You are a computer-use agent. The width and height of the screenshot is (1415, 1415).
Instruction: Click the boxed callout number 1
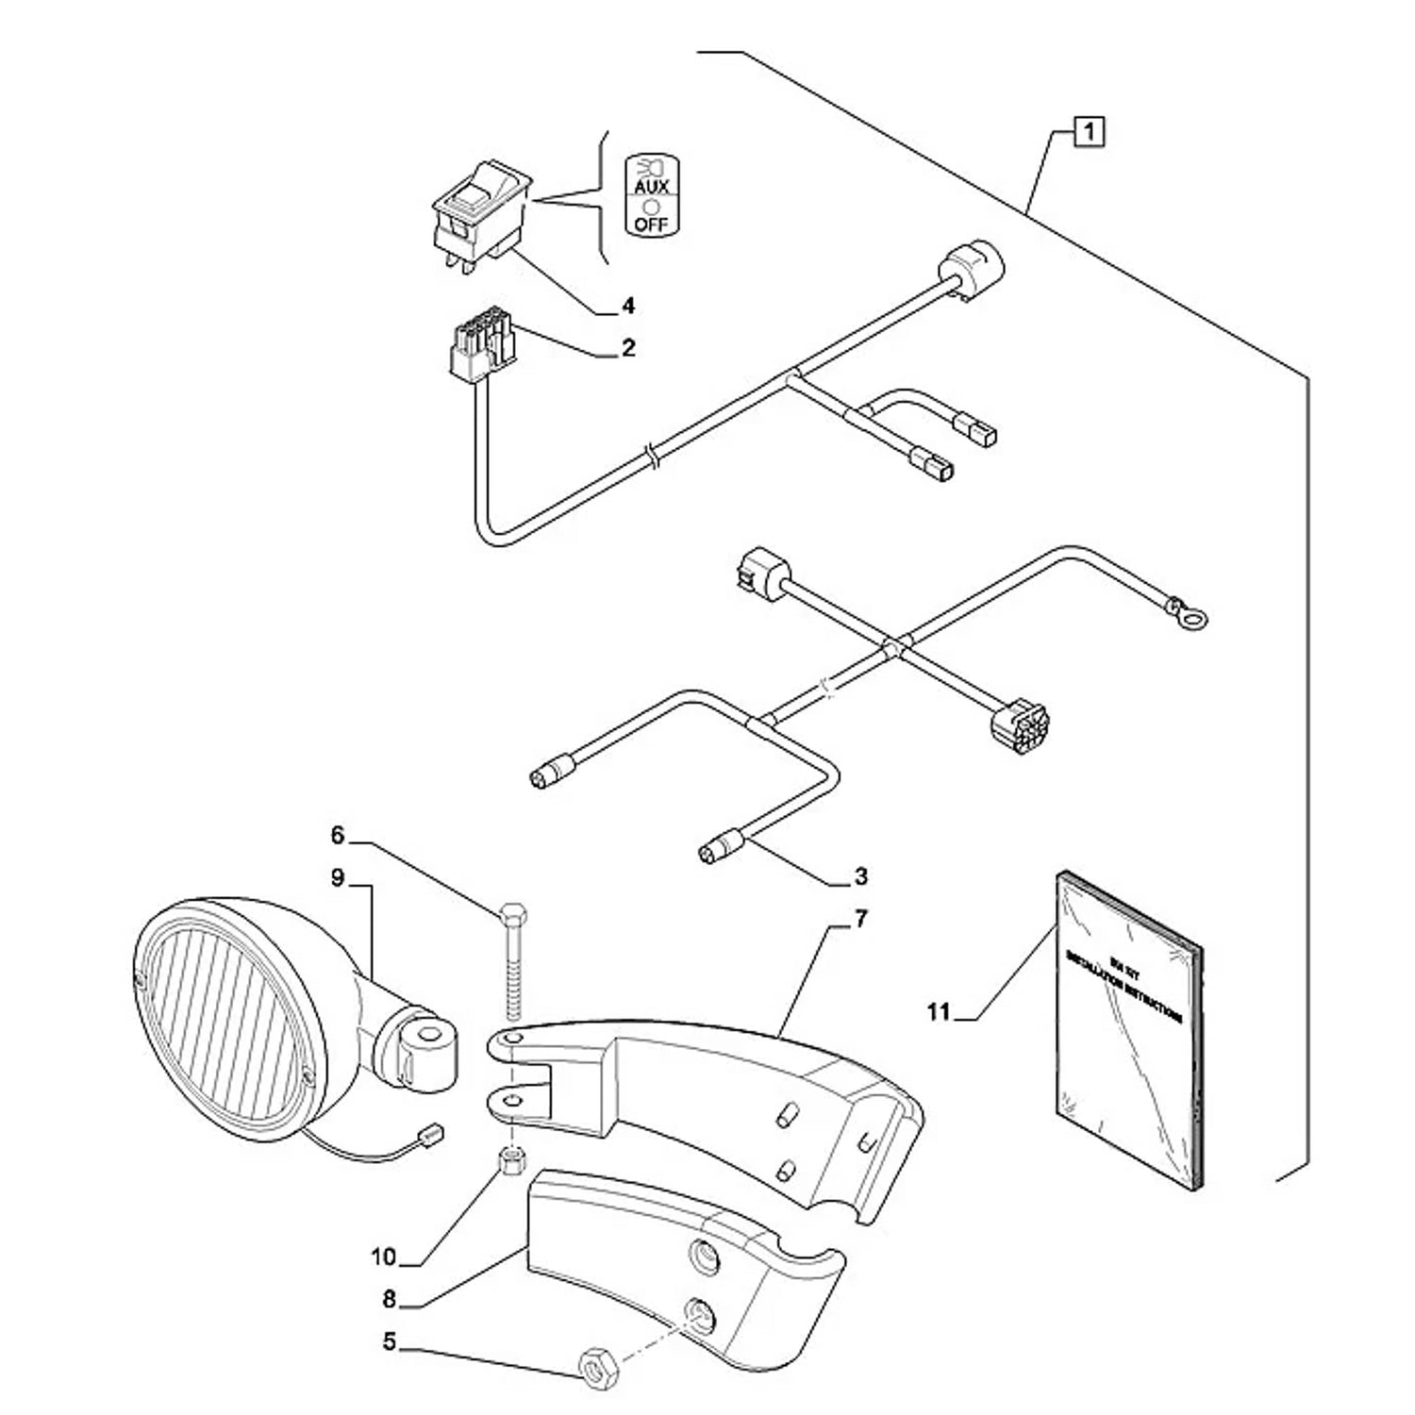pyautogui.click(x=1090, y=131)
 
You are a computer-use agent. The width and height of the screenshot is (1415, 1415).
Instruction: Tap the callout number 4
pyautogui.click(x=628, y=306)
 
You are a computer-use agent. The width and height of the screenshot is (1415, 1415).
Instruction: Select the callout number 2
pyautogui.click(x=628, y=348)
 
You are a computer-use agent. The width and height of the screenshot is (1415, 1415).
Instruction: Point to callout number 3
pyautogui.click(x=859, y=877)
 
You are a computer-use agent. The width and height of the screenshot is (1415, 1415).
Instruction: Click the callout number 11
pyautogui.click(x=937, y=1012)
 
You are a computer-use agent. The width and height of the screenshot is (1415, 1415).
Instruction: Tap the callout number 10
pyautogui.click(x=384, y=1257)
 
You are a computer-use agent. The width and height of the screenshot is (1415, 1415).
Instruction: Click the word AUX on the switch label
pyautogui.click(x=651, y=188)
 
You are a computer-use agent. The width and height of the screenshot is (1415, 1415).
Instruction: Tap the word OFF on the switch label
pyautogui.click(x=651, y=225)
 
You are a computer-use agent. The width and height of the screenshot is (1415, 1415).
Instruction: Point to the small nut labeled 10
pyautogui.click(x=511, y=1159)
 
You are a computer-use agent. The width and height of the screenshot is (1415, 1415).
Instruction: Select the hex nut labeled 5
pyautogui.click(x=598, y=1385)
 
